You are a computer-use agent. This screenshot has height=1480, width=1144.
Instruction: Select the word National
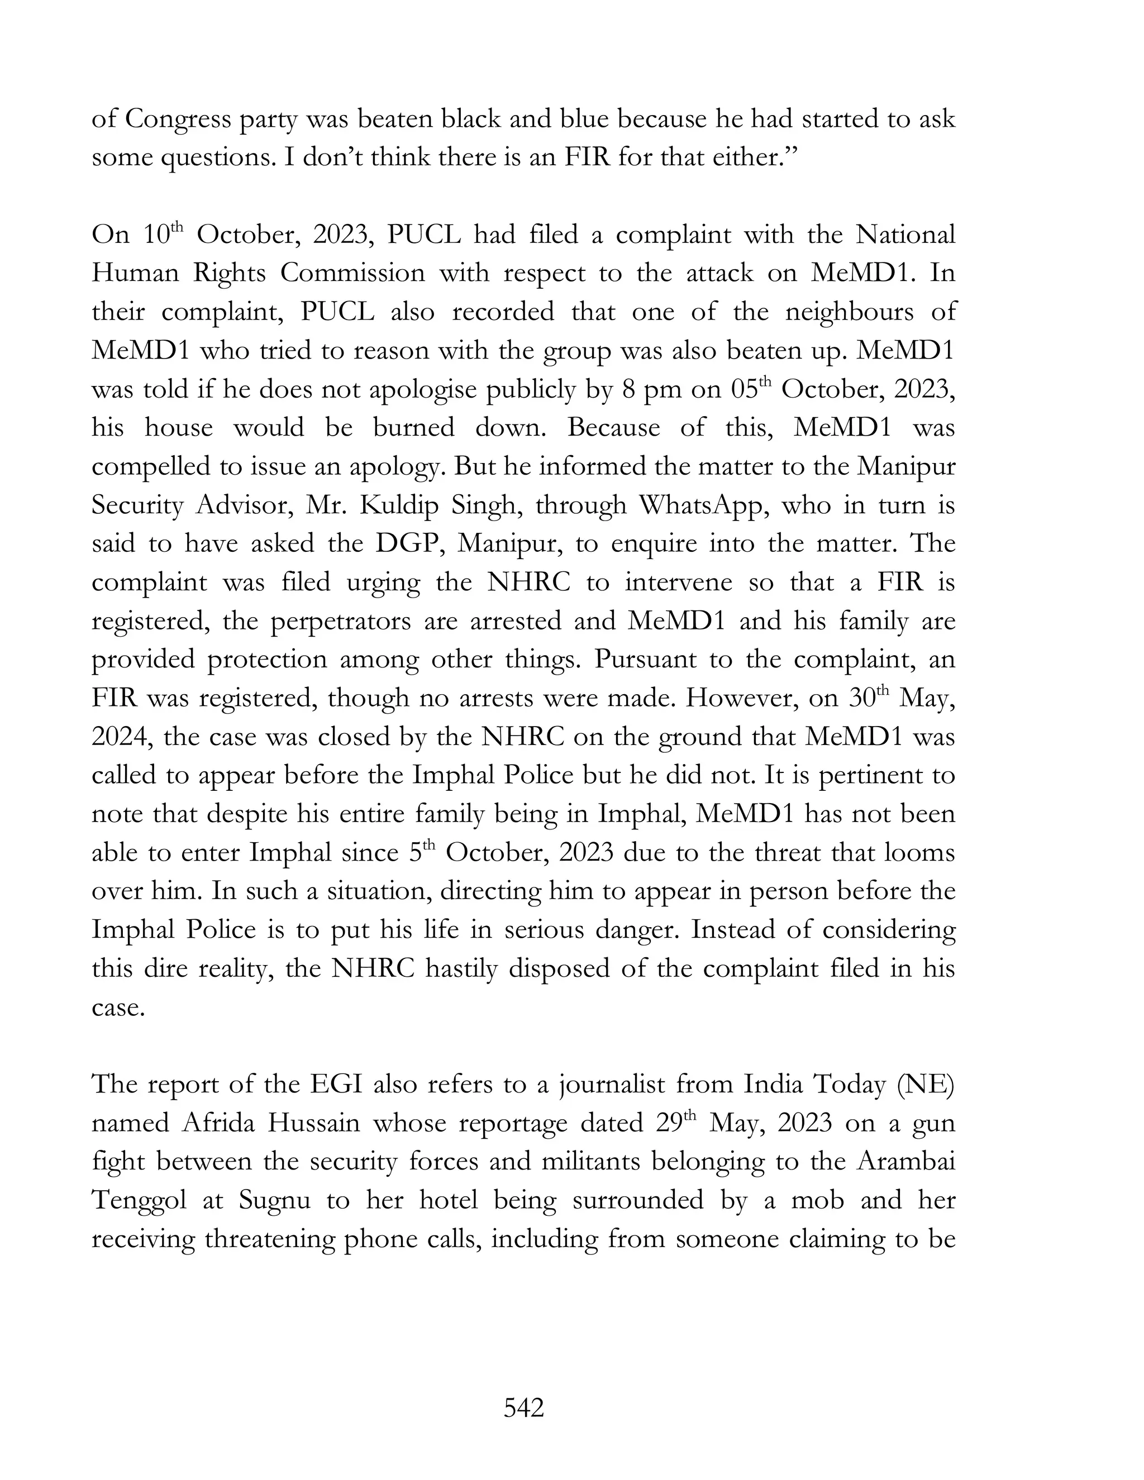point(905,235)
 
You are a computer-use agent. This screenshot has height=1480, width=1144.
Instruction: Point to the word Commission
point(352,274)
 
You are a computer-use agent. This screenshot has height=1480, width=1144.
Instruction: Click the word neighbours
point(836,312)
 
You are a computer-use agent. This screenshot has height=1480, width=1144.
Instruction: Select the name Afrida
point(217,1124)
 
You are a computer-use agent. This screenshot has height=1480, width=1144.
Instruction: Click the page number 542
point(524,1408)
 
